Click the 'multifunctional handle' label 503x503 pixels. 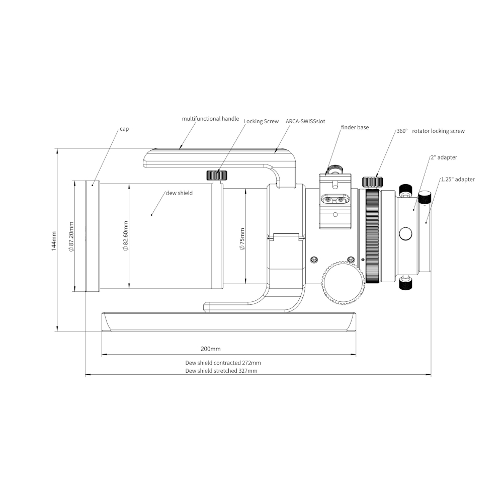pos(210,119)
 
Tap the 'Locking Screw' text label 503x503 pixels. pos(261,121)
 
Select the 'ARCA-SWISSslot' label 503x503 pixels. pos(305,121)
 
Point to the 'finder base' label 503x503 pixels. pos(355,127)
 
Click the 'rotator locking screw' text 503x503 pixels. pos(438,131)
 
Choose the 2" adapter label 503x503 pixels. pos(444,157)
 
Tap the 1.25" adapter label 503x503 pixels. pos(458,180)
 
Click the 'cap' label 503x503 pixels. pos(124,129)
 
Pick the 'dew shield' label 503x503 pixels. pos(180,193)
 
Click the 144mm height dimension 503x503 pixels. pos(54,241)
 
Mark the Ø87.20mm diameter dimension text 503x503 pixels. pos(71,237)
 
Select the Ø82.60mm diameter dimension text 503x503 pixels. pos(126,236)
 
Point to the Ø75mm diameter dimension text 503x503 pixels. pos(242,239)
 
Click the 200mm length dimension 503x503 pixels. pos(211,349)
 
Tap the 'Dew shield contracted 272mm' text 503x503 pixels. pos(223,363)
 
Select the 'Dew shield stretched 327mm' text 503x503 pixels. pos(221,371)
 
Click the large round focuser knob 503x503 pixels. pos(344,283)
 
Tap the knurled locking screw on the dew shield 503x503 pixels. pos(217,175)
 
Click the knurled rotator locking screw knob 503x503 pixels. pos(372,182)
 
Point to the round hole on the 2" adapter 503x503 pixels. pos(405,234)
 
